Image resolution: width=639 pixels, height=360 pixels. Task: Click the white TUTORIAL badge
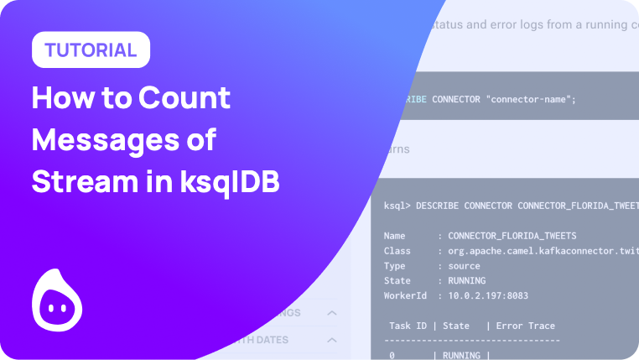pos(91,50)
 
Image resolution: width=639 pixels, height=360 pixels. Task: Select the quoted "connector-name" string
pos(531,100)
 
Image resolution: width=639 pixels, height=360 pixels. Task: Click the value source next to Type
pos(466,266)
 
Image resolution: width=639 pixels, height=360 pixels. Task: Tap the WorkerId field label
pos(406,296)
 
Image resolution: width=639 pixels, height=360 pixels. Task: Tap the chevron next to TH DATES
pos(331,340)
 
